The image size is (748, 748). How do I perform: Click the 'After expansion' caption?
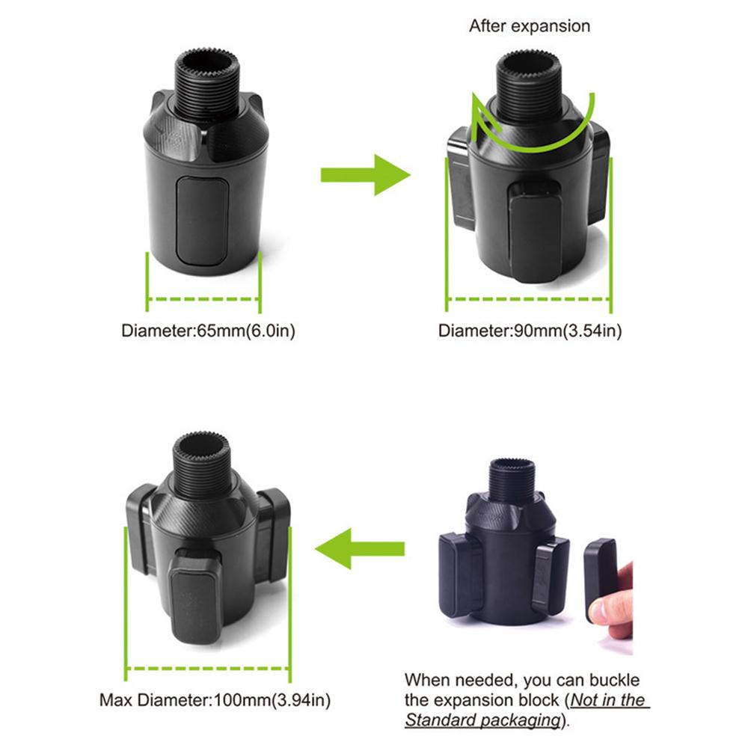click(x=530, y=26)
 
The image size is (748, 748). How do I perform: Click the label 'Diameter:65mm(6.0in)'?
click(x=209, y=331)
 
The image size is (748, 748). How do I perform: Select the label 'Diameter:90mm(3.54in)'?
click(x=530, y=331)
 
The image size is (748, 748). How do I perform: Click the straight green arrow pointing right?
click(x=365, y=174)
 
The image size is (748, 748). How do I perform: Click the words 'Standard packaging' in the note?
click(x=482, y=721)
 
